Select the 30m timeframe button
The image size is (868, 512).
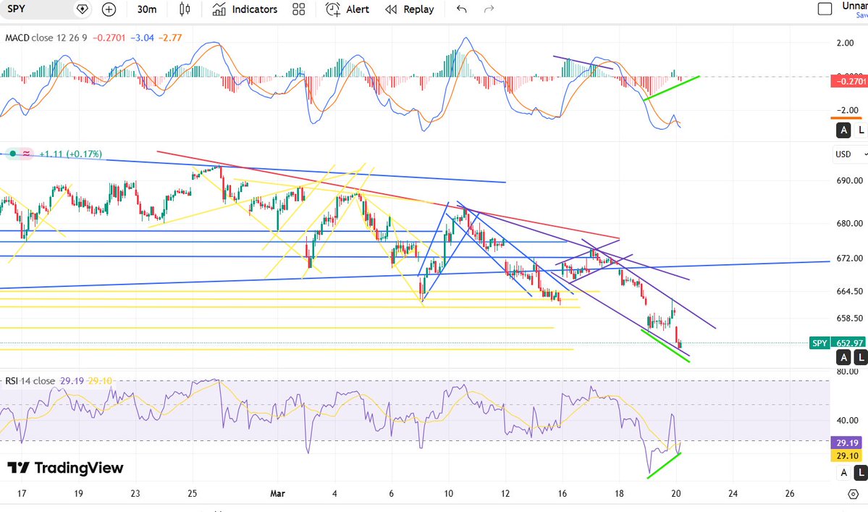pyautogui.click(x=147, y=9)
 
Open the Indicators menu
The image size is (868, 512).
pyautogui.click(x=245, y=9)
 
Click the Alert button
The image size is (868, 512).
pyautogui.click(x=347, y=9)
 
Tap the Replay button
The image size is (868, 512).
pyautogui.click(x=410, y=9)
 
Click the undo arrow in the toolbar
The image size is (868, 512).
pyautogui.click(x=462, y=9)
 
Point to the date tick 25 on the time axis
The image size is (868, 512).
pyautogui.click(x=193, y=494)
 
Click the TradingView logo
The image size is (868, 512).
pyautogui.click(x=65, y=468)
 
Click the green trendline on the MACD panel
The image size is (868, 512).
pyautogui.click(x=672, y=87)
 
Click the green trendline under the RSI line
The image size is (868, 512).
pyautogui.click(x=664, y=465)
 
